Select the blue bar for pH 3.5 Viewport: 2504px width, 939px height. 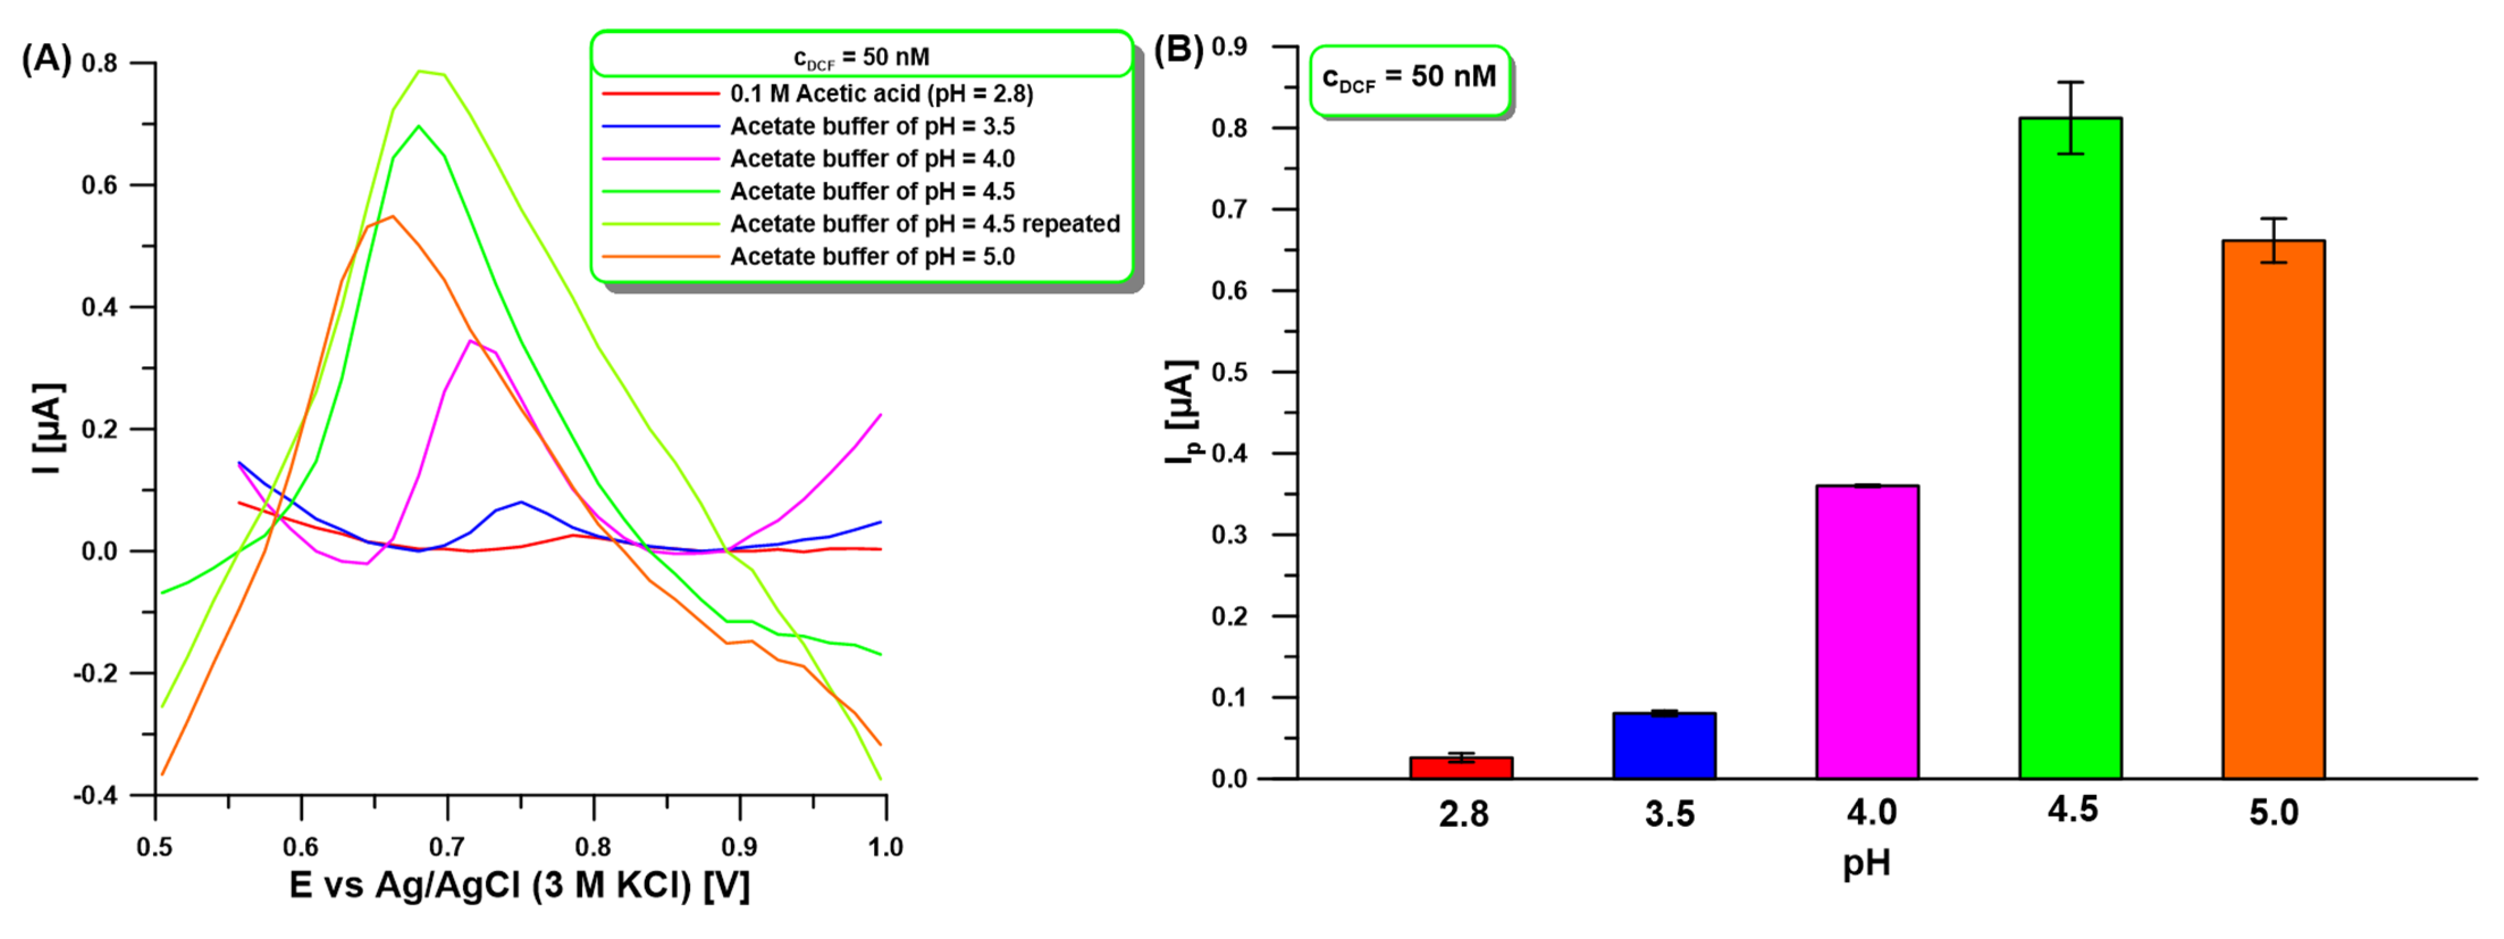1664,745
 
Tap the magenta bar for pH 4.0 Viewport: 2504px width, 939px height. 1867,632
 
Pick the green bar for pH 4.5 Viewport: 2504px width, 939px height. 2070,447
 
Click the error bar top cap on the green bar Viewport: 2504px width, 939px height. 2070,83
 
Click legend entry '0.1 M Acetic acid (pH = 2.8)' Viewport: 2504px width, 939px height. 881,94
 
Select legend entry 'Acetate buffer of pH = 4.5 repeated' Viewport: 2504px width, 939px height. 925,225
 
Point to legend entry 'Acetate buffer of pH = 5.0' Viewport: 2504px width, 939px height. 872,257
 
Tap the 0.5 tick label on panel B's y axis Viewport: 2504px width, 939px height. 1230,372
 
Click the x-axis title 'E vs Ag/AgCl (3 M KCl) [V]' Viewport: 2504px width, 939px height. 519,886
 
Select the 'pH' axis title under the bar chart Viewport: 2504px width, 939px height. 1866,862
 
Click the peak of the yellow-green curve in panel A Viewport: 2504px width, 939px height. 420,71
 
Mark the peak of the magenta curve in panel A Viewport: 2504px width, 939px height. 470,340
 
